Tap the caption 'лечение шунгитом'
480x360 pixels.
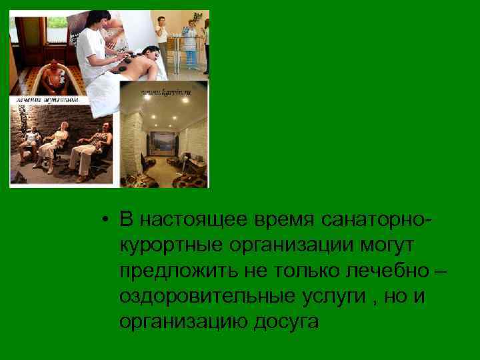(x=44, y=99)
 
